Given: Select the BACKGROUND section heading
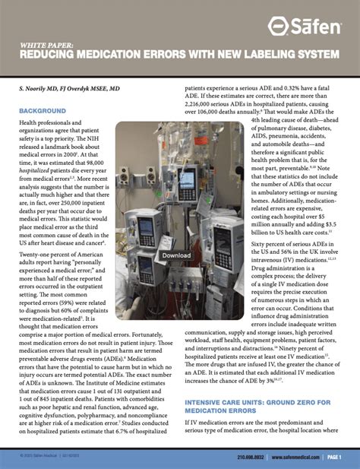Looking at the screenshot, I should pyautogui.click(x=43, y=111).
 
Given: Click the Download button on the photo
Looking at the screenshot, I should pyautogui.click(x=175, y=255).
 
